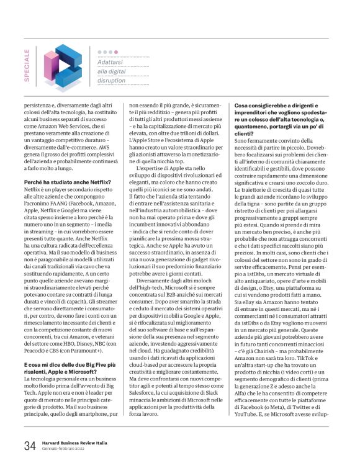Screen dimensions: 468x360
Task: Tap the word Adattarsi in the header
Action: (112, 63)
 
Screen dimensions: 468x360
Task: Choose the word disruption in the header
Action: (113, 80)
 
